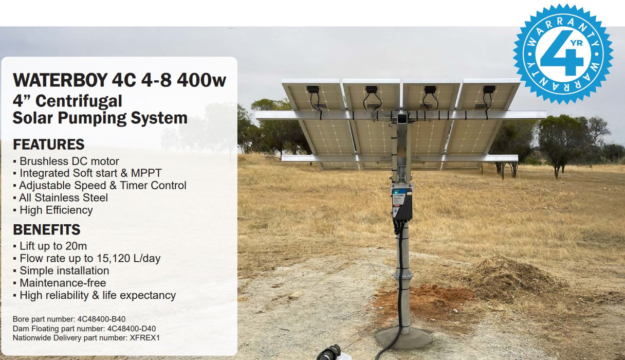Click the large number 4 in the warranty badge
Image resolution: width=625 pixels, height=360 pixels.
pos(560,54)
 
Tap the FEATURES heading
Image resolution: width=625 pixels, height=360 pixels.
pos(48,144)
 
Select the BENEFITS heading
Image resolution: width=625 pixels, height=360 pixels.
pos(46,229)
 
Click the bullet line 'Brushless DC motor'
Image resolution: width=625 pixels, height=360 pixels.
pos(69,161)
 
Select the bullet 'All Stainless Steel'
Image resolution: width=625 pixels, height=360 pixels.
pos(63,197)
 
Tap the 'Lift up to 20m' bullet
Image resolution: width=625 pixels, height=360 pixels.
pos(53,246)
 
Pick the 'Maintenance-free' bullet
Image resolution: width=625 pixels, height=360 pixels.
pos(62,283)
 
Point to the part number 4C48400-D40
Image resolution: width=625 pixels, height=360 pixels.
pos(131,329)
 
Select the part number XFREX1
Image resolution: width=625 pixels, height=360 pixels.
pos(145,338)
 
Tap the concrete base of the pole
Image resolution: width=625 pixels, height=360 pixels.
pos(403,338)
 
